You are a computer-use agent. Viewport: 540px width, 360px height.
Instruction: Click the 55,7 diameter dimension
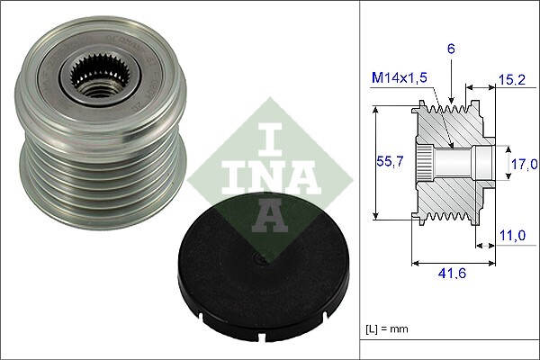386,162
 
